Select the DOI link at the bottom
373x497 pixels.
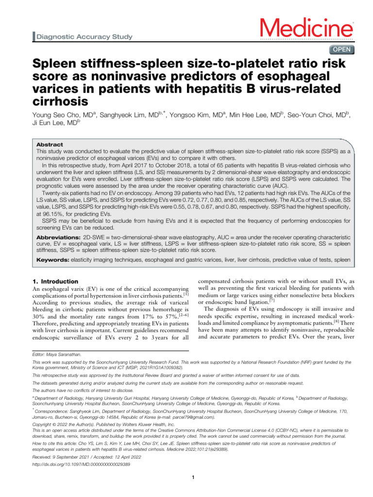click(81, 464)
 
